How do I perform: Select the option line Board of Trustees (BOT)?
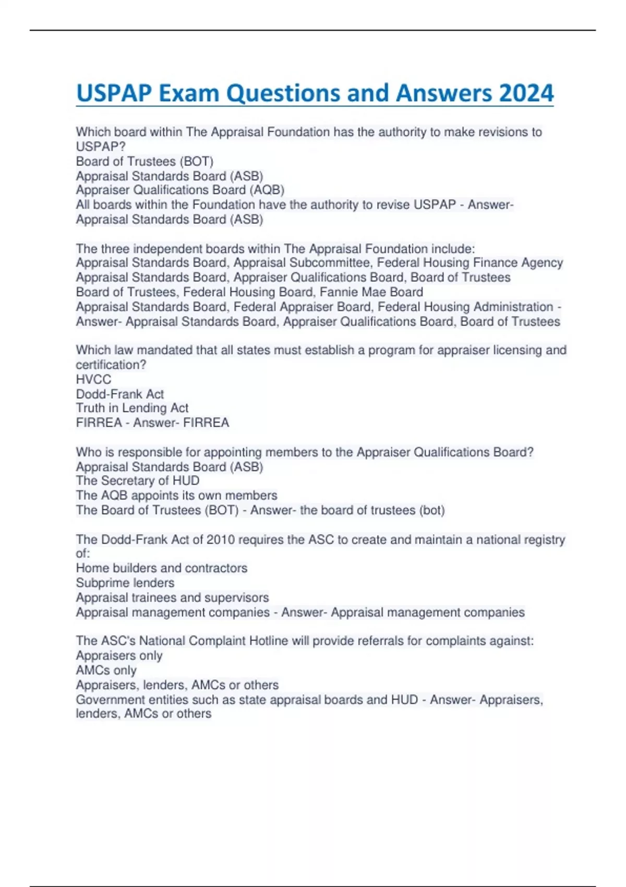pos(145,161)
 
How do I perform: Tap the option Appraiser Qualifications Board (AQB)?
pos(180,190)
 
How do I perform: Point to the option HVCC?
pos(93,379)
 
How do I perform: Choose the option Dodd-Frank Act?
pos(119,394)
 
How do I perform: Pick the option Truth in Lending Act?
pos(132,408)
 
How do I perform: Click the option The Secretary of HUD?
pos(137,481)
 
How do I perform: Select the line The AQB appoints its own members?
pos(176,495)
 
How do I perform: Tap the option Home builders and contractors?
pos(161,568)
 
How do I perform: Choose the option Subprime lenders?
pos(125,583)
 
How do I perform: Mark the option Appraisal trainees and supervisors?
pos(172,597)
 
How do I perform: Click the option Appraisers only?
pos(119,655)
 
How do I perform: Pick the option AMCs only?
pos(106,670)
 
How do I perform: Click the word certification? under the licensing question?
pos(111,365)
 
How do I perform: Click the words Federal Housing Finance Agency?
pos(470,262)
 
